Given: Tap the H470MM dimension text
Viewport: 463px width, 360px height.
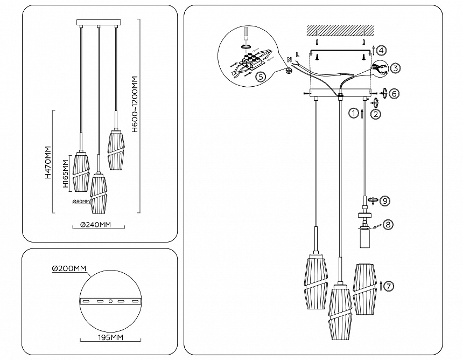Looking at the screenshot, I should (x=48, y=162).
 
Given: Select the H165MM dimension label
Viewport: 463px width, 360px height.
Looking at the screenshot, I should (x=65, y=174).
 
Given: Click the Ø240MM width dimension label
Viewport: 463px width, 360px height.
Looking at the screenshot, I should (x=96, y=225).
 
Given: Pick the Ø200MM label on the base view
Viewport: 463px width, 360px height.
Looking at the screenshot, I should (x=69, y=268).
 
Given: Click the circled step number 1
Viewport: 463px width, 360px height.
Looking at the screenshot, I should (x=353, y=113).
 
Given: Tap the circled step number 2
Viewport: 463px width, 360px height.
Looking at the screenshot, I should (x=376, y=113).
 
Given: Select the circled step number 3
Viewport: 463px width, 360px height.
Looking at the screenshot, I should (x=395, y=68).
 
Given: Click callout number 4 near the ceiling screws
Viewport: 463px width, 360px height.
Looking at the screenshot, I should (x=381, y=51).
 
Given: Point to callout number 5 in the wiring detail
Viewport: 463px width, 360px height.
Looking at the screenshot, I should (x=260, y=77).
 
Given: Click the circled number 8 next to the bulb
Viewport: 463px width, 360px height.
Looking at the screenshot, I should (x=388, y=225).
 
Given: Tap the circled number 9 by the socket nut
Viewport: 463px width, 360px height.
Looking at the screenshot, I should (x=384, y=200).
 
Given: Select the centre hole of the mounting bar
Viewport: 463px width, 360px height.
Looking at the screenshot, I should (x=110, y=301).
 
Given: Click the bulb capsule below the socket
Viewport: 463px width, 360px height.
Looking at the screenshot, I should (x=365, y=237).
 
